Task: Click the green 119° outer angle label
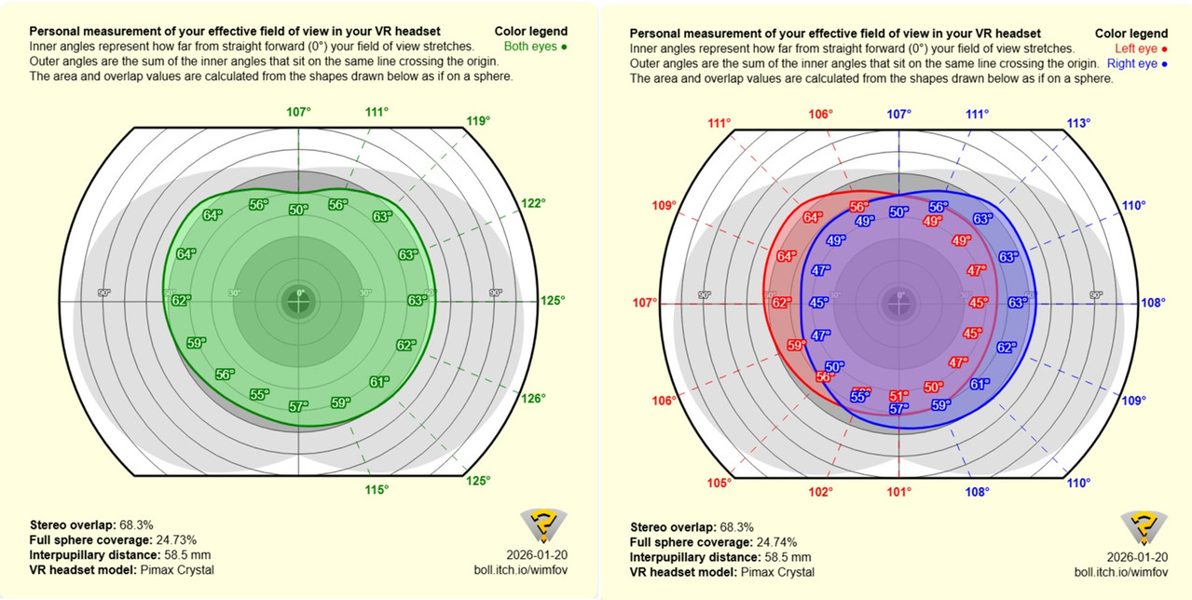(479, 120)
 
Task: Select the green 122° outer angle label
(532, 203)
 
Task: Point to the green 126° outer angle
(533, 398)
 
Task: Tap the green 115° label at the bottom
(377, 490)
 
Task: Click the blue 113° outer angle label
(1078, 123)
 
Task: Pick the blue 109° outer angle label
(1133, 401)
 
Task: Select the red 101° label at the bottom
(898, 491)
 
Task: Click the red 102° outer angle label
(821, 491)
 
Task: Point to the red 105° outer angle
(719, 483)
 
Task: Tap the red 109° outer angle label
(664, 205)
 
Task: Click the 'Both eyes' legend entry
(535, 46)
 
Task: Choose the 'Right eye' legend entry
(1136, 63)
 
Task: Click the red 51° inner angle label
(898, 396)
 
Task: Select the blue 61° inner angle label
(980, 384)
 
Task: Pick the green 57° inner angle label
(298, 406)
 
